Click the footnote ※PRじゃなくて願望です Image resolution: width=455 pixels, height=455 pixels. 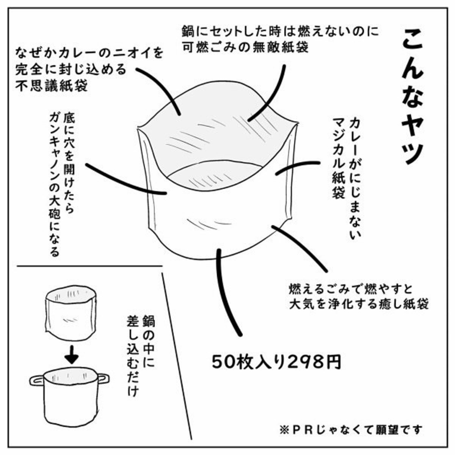pos(351,430)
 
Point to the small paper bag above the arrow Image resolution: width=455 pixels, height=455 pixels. pos(71,312)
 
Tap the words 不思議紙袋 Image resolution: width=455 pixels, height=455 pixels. pos(51,86)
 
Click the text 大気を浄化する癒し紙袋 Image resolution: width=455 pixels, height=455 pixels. pos(359,304)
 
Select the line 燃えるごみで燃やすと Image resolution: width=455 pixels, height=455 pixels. pos(351,289)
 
